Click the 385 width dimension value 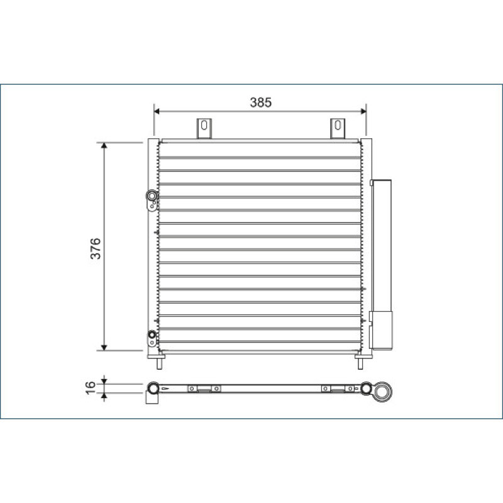point(260,102)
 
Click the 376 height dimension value point(96,248)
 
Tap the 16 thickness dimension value point(91,387)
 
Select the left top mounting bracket point(204,128)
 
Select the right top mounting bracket point(338,128)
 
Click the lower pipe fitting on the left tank point(152,338)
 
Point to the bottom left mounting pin point(160,364)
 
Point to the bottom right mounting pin point(360,364)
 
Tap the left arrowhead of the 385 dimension point(157,111)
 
